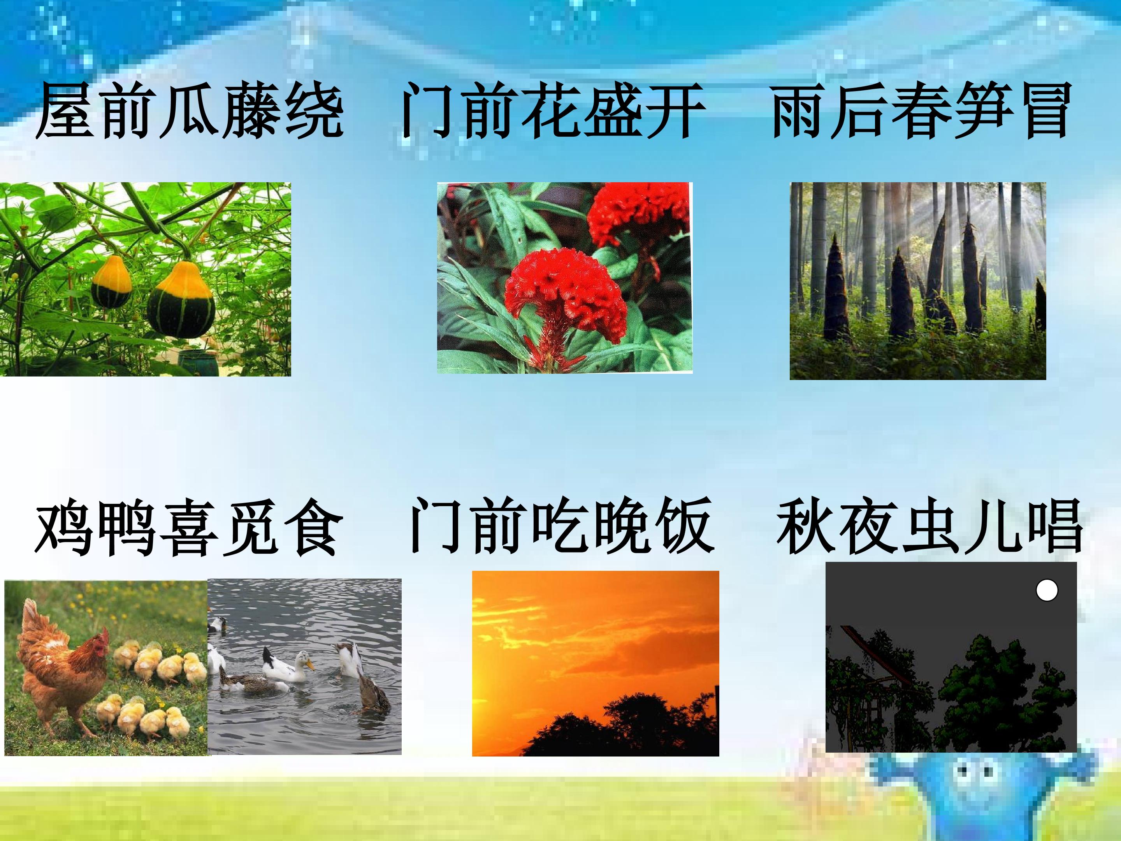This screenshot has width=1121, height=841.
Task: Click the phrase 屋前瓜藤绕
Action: (190, 111)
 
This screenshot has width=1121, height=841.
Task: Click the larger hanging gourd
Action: (181, 299)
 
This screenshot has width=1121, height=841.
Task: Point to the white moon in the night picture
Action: (1047, 591)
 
